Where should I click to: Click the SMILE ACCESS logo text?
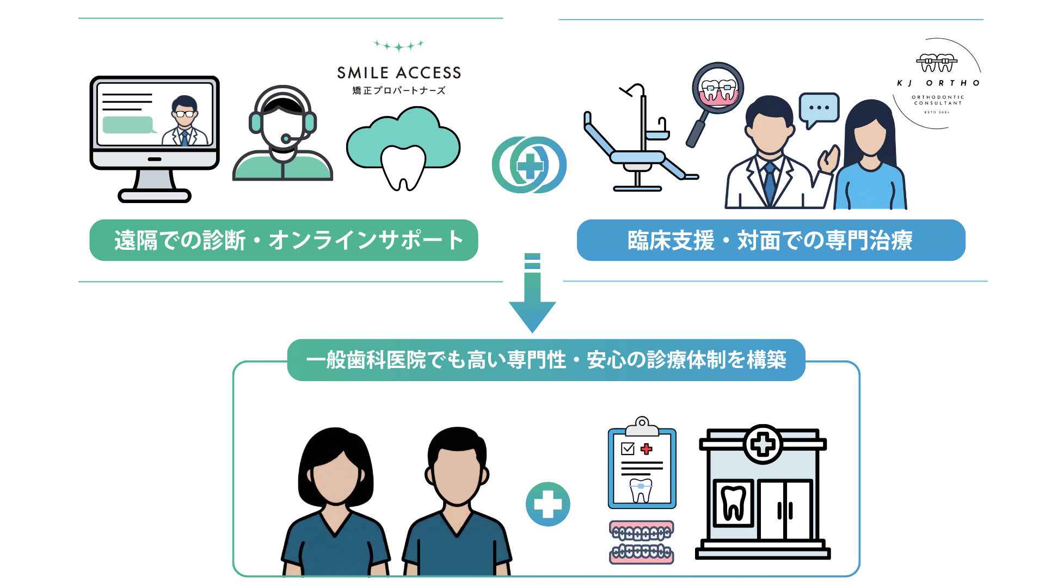click(399, 73)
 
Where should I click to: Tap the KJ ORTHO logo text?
click(938, 83)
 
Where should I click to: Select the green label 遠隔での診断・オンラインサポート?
click(284, 240)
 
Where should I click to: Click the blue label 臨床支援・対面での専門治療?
click(771, 240)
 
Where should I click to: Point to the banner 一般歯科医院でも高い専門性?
click(546, 360)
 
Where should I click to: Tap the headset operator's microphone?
click(286, 139)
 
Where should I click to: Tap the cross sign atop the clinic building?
click(763, 444)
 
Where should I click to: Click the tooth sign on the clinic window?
click(733, 503)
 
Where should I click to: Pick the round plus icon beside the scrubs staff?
click(548, 504)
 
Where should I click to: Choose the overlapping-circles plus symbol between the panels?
click(530, 165)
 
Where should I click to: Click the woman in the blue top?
click(870, 158)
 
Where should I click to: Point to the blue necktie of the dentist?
click(770, 182)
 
